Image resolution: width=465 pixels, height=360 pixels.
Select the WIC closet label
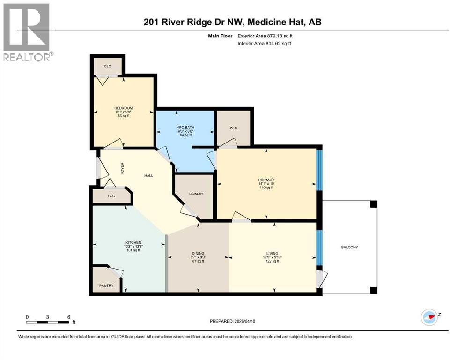click(233, 128)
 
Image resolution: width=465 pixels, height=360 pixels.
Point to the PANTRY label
click(106, 285)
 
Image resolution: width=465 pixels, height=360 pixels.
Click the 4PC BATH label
click(185, 127)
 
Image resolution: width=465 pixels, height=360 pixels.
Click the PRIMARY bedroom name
click(266, 180)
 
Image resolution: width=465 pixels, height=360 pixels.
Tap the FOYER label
click(122, 169)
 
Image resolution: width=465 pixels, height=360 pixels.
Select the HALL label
click(148, 176)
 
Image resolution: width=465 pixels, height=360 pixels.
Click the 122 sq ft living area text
click(272, 261)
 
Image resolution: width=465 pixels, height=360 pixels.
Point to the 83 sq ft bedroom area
click(124, 116)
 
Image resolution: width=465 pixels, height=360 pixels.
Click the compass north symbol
click(429, 317)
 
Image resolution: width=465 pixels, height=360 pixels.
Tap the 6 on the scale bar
click(69, 317)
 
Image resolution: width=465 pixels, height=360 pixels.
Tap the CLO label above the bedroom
click(107, 67)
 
